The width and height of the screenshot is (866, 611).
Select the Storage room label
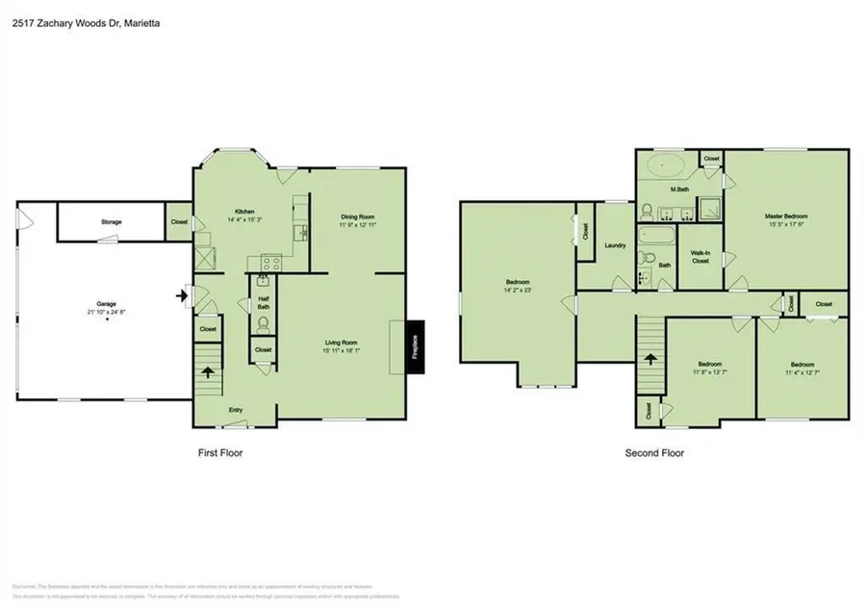112,222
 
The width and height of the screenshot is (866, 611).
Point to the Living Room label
340,343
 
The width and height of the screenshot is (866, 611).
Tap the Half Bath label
263,303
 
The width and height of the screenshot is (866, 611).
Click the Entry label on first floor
235,410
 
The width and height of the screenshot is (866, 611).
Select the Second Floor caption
654,452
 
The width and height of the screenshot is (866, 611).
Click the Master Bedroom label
786,216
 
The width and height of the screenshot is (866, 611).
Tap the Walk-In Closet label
700,256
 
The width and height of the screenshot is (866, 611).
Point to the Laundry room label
615,245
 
